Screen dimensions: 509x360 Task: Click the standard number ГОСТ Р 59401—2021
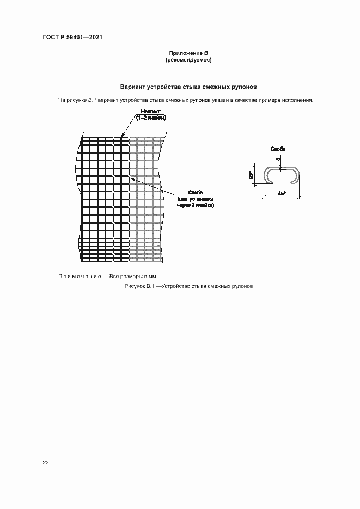pyautogui.click(x=72, y=37)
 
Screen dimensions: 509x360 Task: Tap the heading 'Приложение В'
pyautogui.click(x=188, y=53)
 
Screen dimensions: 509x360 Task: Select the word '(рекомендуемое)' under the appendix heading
pyautogui.click(x=188, y=60)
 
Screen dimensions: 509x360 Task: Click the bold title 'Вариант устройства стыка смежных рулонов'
pyautogui.click(x=188, y=87)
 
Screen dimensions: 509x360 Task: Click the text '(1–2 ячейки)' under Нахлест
pyautogui.click(x=151, y=118)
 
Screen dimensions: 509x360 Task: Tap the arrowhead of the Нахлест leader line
pyautogui.click(x=123, y=136)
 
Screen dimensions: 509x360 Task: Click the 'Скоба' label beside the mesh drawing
pyautogui.click(x=196, y=193)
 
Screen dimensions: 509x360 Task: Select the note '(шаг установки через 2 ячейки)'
pyautogui.click(x=196, y=203)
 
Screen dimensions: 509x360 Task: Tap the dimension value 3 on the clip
pyautogui.click(x=278, y=159)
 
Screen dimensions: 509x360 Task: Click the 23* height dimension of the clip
pyautogui.click(x=251, y=175)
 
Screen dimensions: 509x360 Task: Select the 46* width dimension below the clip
pyautogui.click(x=282, y=193)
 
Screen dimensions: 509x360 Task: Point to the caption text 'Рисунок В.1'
pyautogui.click(x=140, y=286)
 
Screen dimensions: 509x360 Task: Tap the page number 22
pyautogui.click(x=46, y=463)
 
